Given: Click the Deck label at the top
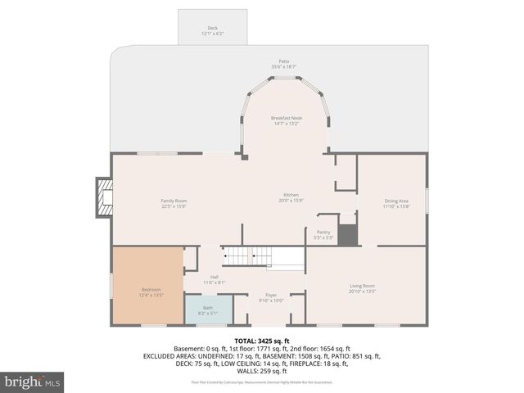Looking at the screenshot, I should (212, 28).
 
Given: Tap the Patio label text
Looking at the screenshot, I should (284, 61).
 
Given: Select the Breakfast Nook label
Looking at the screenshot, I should (287, 118).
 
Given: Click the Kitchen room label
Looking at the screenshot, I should (291, 195).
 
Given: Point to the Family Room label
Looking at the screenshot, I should (174, 201).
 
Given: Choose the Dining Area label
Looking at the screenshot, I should (396, 201).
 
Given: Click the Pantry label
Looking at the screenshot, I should (323, 233).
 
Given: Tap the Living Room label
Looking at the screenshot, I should (362, 286).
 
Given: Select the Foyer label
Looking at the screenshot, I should (271, 295).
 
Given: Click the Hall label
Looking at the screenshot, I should (214, 278).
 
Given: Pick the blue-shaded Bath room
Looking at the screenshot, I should (208, 310).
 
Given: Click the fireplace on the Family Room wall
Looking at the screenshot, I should (103, 197).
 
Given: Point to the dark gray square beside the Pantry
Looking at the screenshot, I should (348, 235).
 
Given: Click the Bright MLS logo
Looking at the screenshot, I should (33, 382).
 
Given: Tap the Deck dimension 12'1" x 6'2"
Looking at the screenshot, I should (212, 34).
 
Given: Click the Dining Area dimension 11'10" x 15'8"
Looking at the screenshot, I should (396, 206).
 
